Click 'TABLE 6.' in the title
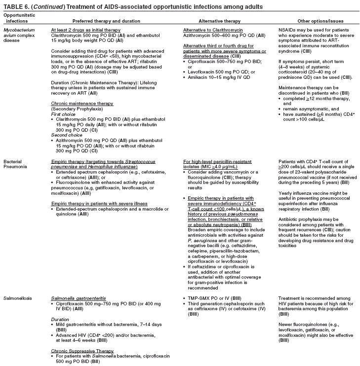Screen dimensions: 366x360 (16, 6)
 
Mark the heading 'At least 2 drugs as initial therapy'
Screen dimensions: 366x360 (83, 30)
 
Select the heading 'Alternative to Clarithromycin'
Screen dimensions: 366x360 (209, 30)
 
